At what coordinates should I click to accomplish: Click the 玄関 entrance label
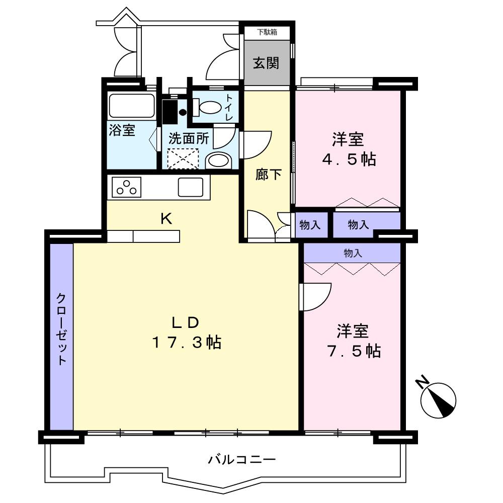pyautogui.click(x=266, y=63)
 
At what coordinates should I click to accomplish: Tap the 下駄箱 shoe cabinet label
pyautogui.click(x=267, y=32)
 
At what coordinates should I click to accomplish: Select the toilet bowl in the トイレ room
pyautogui.click(x=208, y=108)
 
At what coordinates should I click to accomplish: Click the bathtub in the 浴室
pyautogui.click(x=131, y=106)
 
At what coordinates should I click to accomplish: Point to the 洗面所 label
pyautogui.click(x=189, y=138)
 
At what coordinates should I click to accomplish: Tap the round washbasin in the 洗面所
pyautogui.click(x=218, y=160)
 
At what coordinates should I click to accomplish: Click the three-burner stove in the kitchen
pyautogui.click(x=126, y=187)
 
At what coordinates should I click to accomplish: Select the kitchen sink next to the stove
pyautogui.click(x=191, y=187)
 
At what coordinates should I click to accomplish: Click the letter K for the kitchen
pyautogui.click(x=166, y=219)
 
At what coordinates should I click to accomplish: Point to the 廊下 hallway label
pyautogui.click(x=268, y=175)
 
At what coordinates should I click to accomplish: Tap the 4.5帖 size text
pyautogui.click(x=349, y=159)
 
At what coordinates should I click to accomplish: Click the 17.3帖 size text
pyautogui.click(x=187, y=343)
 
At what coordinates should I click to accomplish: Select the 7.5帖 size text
pyautogui.click(x=354, y=351)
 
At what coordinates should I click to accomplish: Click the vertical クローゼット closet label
pyautogui.click(x=61, y=329)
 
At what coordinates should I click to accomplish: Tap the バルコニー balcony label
pyautogui.click(x=242, y=460)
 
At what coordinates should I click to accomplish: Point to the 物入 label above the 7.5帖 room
pyautogui.click(x=353, y=253)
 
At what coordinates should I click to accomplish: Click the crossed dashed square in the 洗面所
pyautogui.click(x=183, y=159)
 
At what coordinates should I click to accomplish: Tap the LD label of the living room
pyautogui.click(x=186, y=323)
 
